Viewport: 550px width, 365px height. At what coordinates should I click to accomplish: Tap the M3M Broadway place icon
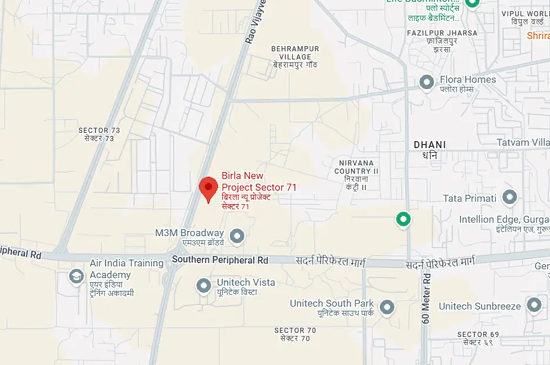[237, 236]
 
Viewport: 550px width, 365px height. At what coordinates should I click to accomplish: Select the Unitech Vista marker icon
[203, 286]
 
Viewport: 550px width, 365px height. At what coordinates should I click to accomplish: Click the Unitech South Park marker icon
[387, 307]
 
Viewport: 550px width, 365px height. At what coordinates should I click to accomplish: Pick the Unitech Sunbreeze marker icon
[534, 305]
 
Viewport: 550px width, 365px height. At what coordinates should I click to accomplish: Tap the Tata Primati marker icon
[509, 197]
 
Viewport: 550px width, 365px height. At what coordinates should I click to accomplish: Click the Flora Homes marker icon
[427, 82]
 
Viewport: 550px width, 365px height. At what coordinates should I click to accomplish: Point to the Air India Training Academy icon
[76, 276]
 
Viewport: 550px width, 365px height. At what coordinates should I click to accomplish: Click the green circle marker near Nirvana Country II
[403, 219]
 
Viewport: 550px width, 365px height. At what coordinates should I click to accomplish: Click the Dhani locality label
[430, 145]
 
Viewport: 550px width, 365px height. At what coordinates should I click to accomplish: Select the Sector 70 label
[295, 331]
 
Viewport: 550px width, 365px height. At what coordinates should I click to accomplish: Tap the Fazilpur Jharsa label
[442, 33]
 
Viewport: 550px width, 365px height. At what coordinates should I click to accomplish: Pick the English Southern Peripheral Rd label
[220, 259]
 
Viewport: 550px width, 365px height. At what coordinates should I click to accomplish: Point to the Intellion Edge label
[504, 219]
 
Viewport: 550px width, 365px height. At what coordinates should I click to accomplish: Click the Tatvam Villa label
[522, 143]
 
